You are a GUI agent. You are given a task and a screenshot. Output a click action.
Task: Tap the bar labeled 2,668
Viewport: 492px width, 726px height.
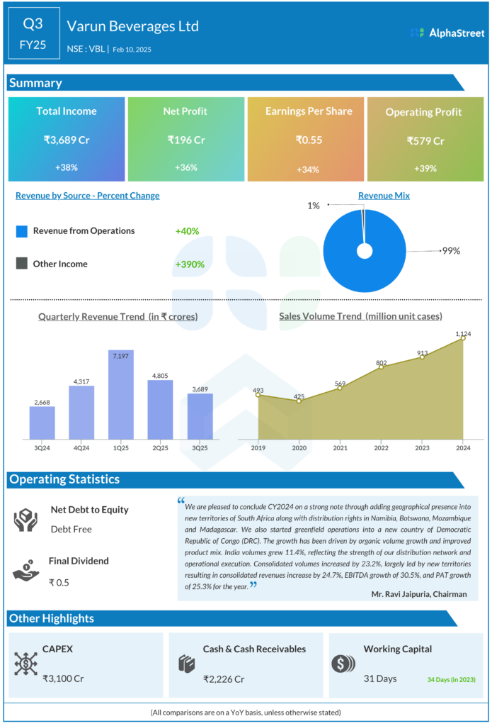(42, 423)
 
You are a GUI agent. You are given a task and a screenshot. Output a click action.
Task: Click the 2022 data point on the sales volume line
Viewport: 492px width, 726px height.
(381, 367)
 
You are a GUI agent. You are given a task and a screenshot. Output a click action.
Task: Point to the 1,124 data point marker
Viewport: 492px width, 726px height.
(463, 338)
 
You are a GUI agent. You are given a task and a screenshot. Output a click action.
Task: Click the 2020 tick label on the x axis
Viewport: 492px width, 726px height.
(299, 448)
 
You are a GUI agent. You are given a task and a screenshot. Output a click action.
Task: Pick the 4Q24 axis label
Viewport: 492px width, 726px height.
(81, 448)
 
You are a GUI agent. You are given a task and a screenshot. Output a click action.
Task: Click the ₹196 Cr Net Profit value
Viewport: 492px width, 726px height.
(186, 140)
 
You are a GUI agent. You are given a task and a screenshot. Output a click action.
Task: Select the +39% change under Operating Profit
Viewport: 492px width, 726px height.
(425, 169)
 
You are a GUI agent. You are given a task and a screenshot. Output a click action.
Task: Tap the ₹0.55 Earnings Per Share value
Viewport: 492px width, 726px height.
(309, 140)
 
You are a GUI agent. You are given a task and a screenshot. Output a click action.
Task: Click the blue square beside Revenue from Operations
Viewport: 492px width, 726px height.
(21, 231)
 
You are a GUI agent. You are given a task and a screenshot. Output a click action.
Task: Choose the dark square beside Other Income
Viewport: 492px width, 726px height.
(21, 264)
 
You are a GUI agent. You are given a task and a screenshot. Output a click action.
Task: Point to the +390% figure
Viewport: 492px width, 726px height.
(190, 264)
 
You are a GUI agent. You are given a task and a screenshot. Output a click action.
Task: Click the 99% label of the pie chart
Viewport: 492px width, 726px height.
(451, 251)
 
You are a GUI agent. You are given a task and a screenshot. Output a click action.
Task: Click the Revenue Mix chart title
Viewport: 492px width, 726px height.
(384, 196)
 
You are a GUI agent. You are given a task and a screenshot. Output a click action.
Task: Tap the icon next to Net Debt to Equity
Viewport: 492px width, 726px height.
(25, 520)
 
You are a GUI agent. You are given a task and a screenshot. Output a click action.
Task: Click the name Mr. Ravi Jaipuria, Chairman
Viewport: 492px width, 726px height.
(419, 594)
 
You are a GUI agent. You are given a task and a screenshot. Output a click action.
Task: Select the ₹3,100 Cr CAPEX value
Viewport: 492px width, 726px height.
(63, 678)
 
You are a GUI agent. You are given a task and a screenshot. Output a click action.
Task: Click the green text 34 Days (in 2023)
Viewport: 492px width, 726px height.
(451, 680)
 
